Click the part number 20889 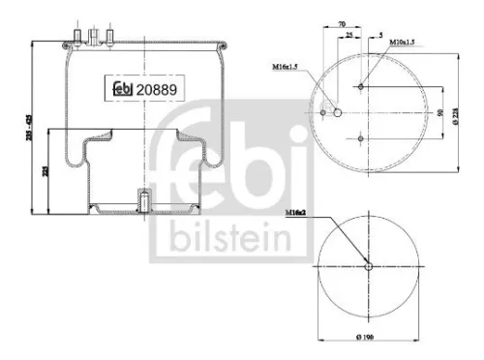(x=160, y=89)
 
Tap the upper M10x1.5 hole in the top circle (x=361, y=87)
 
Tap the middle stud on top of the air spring (x=94, y=36)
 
